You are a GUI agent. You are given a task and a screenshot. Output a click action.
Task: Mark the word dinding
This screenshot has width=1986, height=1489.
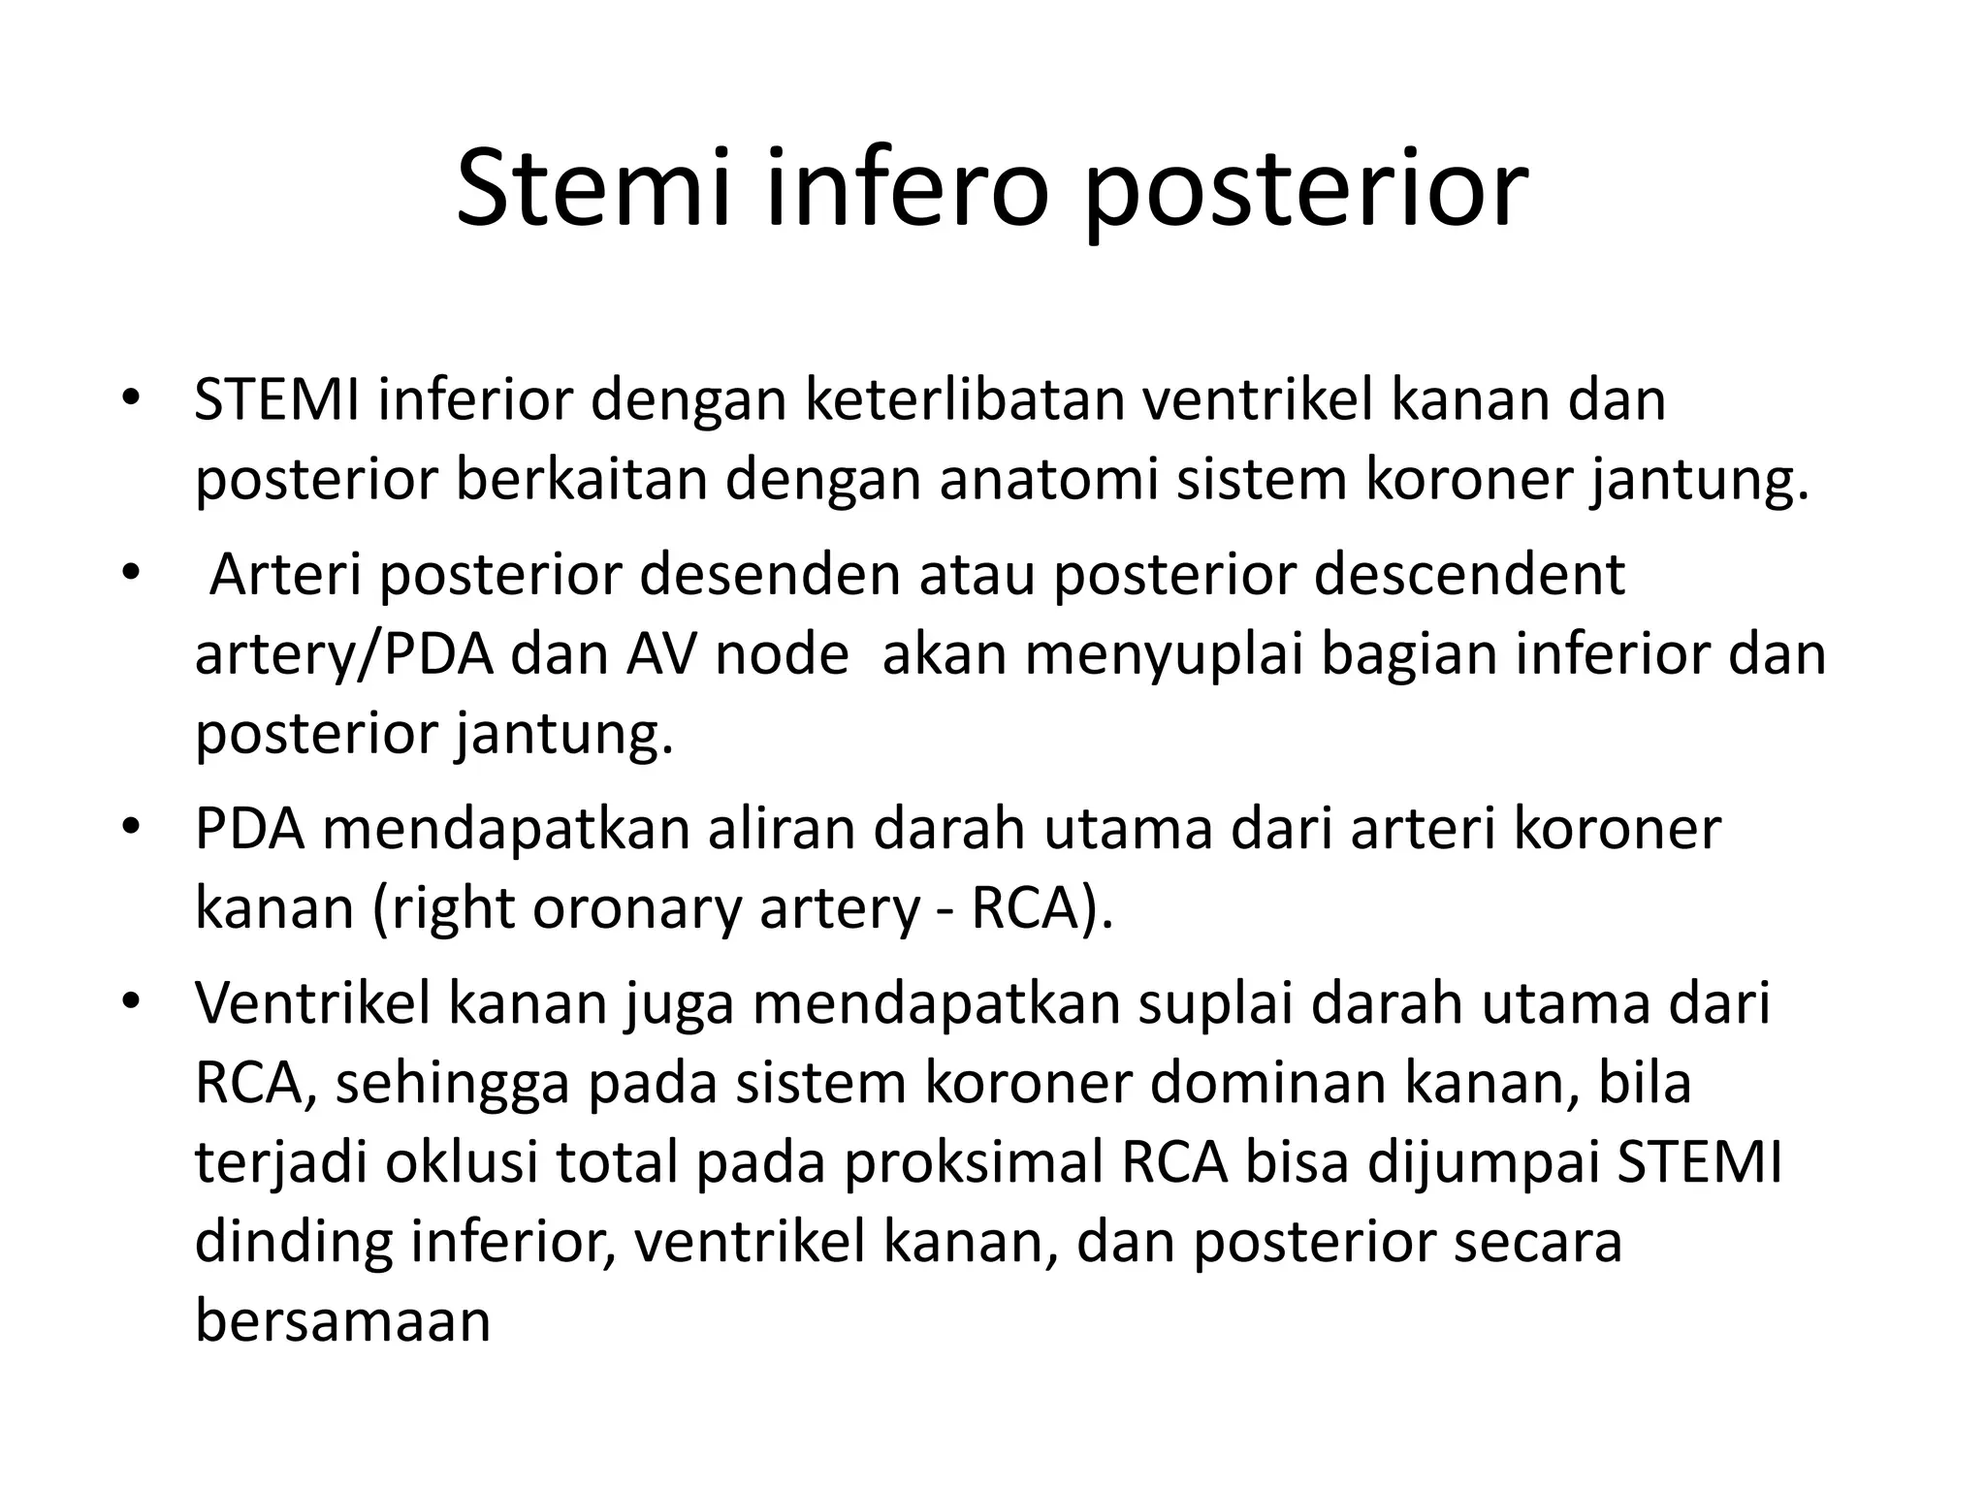pos(294,1243)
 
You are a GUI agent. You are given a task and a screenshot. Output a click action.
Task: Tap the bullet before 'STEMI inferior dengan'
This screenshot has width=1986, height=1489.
pos(132,398)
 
